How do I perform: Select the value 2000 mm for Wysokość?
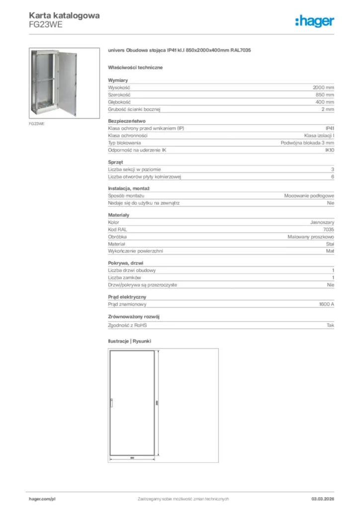[x=324, y=87]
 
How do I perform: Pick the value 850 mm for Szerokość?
[x=326, y=94]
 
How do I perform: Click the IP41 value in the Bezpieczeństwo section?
[x=330, y=128]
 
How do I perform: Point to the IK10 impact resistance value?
[x=329, y=150]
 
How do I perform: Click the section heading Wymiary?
[x=118, y=80]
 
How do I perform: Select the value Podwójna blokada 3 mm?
[x=307, y=143]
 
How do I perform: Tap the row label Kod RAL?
[x=117, y=230]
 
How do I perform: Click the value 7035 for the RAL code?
[x=329, y=230]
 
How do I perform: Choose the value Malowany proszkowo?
[x=311, y=237]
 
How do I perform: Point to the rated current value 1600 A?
[x=326, y=304]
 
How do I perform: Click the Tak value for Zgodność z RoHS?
[x=330, y=325]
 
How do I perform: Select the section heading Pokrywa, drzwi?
[x=126, y=262]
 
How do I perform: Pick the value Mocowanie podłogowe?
[x=309, y=196]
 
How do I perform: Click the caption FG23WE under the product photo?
[x=37, y=123]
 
